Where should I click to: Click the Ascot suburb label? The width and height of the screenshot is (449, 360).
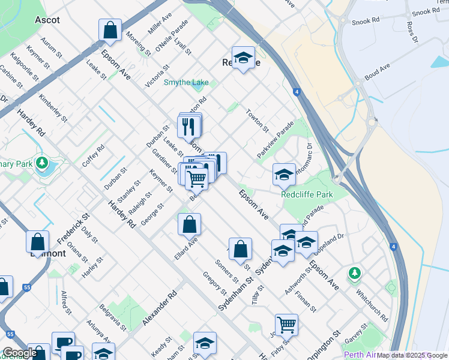click(47, 20)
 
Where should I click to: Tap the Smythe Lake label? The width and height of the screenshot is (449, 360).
click(187, 83)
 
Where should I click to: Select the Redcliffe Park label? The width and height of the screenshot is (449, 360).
click(307, 195)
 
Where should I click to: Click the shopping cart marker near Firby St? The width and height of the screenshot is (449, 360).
click(287, 325)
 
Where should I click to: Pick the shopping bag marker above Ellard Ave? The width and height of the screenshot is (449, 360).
click(189, 224)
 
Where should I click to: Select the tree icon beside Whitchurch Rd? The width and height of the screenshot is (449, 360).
click(355, 274)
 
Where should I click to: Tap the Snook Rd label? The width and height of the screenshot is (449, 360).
click(367, 20)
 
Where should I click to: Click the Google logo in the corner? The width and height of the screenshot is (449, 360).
click(19, 353)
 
